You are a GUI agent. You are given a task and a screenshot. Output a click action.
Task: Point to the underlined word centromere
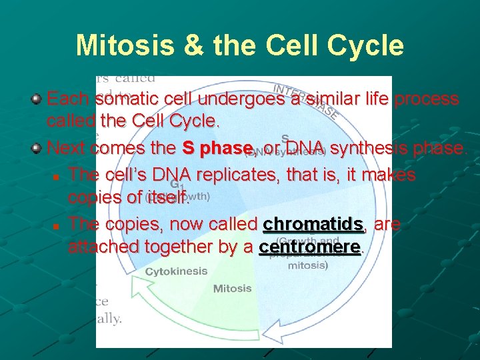pos(309,247)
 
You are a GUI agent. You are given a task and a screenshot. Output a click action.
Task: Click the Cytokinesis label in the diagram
pos(176,271)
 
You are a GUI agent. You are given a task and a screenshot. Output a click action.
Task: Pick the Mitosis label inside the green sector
pos(232,289)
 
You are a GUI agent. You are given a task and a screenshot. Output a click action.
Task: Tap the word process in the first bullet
pos(426,99)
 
